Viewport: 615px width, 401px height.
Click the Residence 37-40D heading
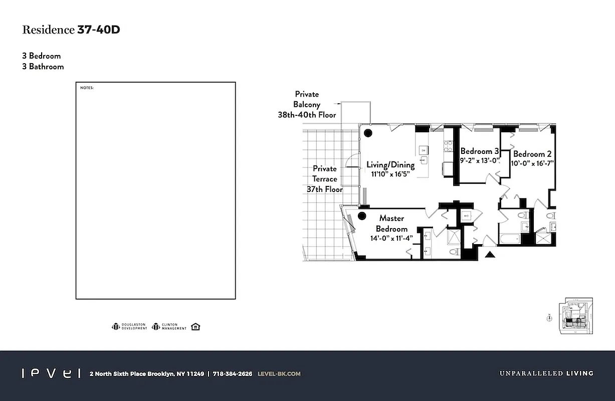click(71, 30)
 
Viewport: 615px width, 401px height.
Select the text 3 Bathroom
click(43, 67)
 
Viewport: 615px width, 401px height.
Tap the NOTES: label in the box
click(87, 88)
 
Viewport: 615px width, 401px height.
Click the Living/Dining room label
click(390, 165)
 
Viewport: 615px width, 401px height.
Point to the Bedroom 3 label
click(479, 151)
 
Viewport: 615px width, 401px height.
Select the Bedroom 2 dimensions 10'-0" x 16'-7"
click(532, 163)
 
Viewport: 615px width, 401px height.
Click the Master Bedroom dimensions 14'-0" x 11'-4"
click(391, 239)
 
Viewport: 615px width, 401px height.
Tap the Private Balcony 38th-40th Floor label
click(307, 104)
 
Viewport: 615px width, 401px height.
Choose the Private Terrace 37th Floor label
click(325, 179)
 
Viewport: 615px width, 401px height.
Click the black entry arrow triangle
click(490, 255)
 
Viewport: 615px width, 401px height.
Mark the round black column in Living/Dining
click(368, 133)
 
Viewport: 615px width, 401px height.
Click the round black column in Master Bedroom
click(362, 217)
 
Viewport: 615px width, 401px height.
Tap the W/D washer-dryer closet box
click(466, 217)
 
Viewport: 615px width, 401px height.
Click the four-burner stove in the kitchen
click(448, 146)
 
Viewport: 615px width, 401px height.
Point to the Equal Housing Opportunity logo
click(195, 327)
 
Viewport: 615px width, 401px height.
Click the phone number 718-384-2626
click(232, 373)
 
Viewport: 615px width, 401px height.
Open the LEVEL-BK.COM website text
click(279, 373)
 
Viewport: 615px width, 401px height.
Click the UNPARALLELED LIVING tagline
click(546, 373)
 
